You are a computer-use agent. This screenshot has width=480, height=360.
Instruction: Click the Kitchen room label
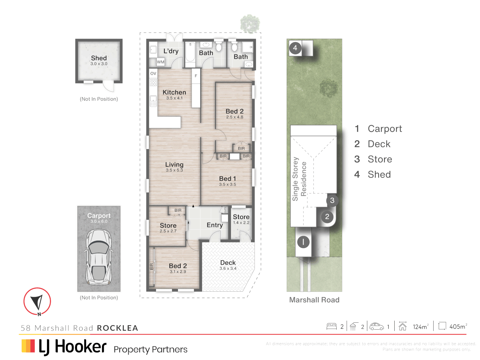[x=174, y=92]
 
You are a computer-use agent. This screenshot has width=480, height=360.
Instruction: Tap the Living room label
[x=174, y=165]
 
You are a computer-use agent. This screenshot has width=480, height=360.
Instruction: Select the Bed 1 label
[x=227, y=179]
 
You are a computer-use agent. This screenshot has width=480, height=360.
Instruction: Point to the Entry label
[x=215, y=225]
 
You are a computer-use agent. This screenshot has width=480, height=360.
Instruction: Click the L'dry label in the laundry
[x=171, y=51]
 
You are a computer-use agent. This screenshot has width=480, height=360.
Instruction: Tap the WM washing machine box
[x=161, y=62]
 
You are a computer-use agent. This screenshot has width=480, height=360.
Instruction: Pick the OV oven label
[x=153, y=73]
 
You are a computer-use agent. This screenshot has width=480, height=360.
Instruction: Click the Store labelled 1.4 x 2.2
[x=241, y=217]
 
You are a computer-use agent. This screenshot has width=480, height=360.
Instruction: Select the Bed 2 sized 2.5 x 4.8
[x=234, y=111]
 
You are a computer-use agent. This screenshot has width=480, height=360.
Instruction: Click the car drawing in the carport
[x=99, y=257]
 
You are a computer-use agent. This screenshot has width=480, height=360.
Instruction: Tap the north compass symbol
[x=37, y=301]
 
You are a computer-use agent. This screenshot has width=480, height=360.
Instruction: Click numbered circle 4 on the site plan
[x=295, y=48]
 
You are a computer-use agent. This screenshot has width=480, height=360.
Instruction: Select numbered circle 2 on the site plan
[x=327, y=217]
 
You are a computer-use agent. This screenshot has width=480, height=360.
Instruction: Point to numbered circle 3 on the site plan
[x=332, y=200]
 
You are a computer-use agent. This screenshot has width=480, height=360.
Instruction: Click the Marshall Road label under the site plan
[x=314, y=300]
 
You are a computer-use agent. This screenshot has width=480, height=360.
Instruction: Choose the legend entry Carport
[x=385, y=129]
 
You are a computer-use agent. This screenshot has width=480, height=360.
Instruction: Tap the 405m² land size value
[x=458, y=327]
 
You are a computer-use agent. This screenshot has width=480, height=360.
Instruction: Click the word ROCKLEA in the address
[x=117, y=328]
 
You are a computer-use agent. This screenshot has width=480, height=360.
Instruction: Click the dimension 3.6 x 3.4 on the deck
[x=228, y=269]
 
